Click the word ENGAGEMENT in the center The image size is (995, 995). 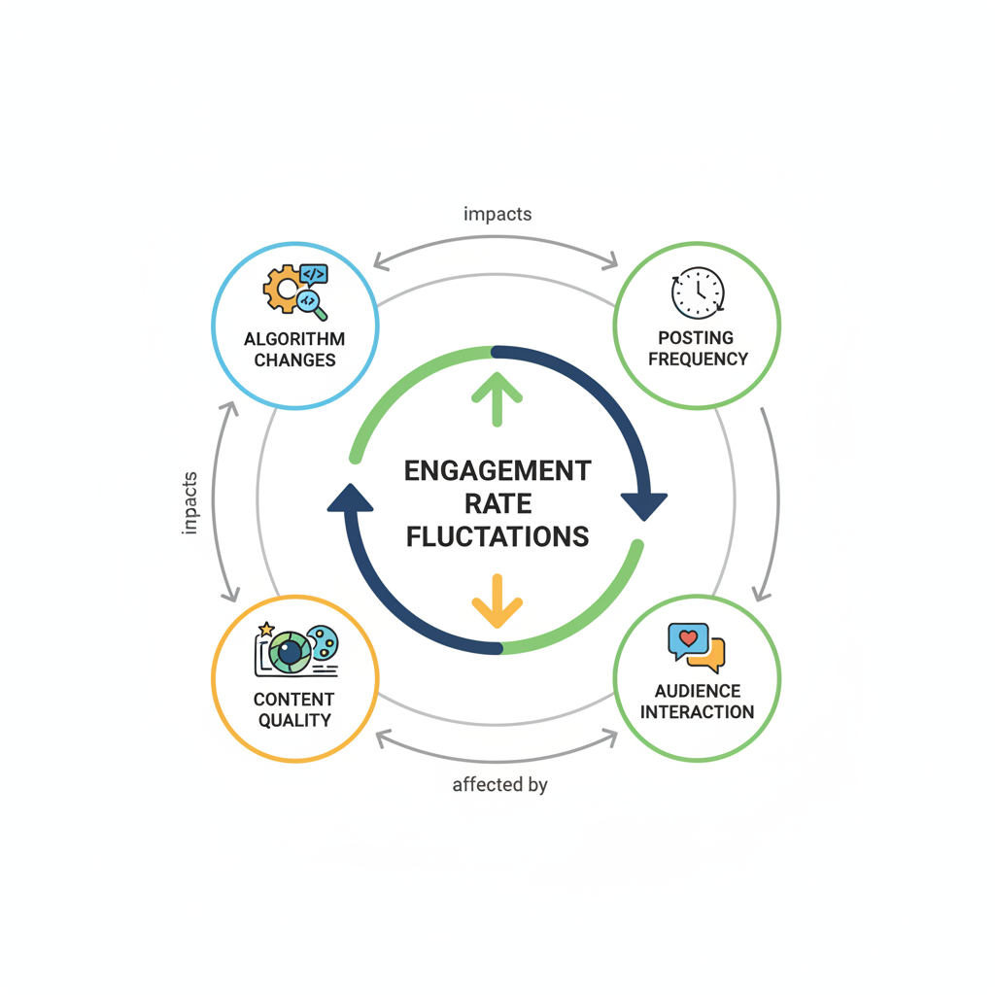coord(497,471)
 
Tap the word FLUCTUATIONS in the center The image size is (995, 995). coord(497,535)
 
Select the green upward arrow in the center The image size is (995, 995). coord(497,396)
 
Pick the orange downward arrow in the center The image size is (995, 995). coord(497,600)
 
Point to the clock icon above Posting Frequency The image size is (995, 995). coord(698,292)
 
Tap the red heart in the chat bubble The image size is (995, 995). coord(688,638)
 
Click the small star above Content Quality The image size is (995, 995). coord(266,630)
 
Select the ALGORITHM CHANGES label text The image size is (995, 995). coord(294,350)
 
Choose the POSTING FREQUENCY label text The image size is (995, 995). coord(698,348)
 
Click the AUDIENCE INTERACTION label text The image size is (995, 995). coord(698,701)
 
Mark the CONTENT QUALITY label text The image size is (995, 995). coord(293,709)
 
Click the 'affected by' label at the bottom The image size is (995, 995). coord(499,784)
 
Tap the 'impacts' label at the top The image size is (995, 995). coord(497,214)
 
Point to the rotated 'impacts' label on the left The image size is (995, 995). coord(190,502)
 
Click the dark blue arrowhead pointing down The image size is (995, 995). coord(643,505)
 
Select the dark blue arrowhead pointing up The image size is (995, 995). coord(350,497)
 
